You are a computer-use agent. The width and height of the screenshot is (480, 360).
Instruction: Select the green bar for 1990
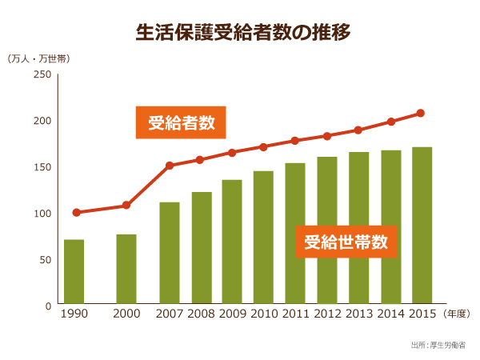pos(74,272)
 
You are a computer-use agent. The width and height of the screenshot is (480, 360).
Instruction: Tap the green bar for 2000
pos(126,270)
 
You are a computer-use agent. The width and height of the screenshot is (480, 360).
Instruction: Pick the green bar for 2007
pos(169,254)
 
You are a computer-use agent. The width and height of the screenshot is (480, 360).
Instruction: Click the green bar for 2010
pos(263,238)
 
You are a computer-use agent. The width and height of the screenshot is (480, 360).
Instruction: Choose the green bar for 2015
pos(422,222)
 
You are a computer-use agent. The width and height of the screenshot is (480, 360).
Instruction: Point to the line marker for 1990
pos(76,213)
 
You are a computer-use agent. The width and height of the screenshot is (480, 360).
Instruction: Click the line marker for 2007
pos(170,166)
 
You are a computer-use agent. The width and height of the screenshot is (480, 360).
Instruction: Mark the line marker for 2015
pos(421,114)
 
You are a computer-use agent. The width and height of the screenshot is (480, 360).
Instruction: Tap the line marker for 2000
pos(126,206)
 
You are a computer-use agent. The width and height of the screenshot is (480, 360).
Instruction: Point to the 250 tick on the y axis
pos(42,74)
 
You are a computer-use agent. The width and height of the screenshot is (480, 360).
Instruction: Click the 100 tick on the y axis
pos(42,214)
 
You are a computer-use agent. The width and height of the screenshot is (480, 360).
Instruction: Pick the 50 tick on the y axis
pos(45,260)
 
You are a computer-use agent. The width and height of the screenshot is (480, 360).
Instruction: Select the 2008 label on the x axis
pos(201,314)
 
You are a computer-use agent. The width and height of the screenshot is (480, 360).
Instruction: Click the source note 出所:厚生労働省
pos(440,345)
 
